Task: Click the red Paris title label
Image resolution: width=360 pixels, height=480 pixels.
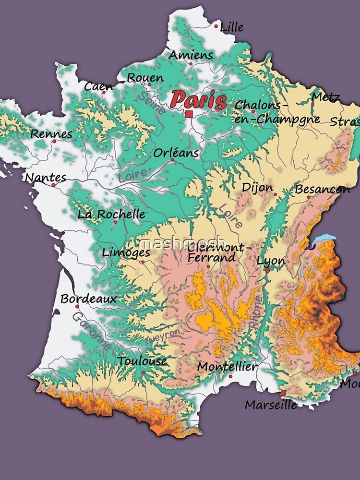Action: point(198,100)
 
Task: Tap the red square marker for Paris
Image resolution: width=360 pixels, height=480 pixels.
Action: point(189,114)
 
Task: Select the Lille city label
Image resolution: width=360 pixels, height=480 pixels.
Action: point(231,28)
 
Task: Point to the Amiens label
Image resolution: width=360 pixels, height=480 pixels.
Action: point(191,55)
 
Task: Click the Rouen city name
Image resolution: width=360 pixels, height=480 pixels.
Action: point(145,78)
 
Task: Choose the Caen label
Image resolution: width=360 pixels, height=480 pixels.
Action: point(98,87)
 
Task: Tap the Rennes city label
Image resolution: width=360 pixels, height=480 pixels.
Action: point(51,134)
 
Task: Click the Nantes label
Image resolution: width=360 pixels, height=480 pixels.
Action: point(46,178)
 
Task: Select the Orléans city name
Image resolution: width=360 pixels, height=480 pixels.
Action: point(176,153)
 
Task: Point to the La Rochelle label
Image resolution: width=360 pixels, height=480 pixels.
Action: point(111,214)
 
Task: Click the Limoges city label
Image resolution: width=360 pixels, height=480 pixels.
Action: point(126,252)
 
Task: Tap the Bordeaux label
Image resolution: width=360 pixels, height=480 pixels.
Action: point(88,299)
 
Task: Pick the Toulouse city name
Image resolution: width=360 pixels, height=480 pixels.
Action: point(143,361)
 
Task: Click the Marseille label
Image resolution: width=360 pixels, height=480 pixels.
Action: point(271,405)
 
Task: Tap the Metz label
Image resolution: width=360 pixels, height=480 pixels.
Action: point(325,97)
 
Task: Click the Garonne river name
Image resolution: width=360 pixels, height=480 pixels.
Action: point(92,331)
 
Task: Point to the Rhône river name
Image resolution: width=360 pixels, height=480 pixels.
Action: point(255,312)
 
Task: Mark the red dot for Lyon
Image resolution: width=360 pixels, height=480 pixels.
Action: point(267,271)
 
